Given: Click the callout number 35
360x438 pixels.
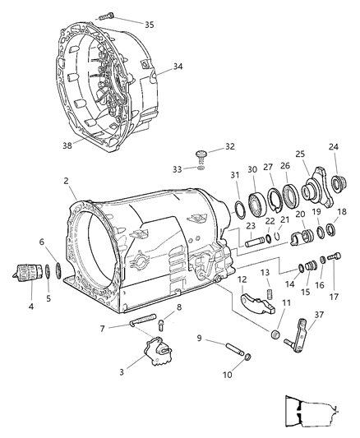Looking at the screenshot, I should pos(149,24).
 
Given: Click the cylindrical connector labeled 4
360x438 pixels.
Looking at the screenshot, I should pos(29,274).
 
